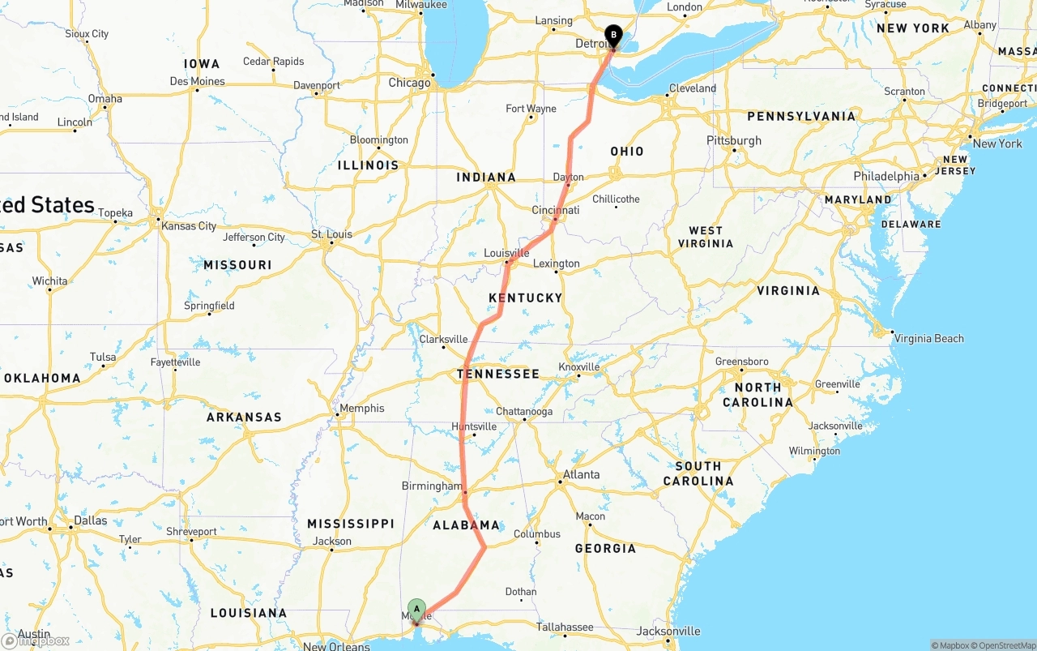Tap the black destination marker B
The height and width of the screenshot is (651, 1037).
pos(613,36)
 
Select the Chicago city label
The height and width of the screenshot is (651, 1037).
pos(409,83)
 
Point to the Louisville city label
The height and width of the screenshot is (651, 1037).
pos(506,253)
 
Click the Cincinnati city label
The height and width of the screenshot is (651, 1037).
pos(556,210)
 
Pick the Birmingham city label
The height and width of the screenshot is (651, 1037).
pos(431,486)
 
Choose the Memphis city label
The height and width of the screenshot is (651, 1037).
pos(361,408)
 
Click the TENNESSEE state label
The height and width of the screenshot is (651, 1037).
pos(497,374)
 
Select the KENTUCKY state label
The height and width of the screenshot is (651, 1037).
pos(525,298)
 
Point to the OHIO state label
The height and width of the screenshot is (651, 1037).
pos(627,152)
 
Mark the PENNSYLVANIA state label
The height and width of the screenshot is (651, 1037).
pos(801,117)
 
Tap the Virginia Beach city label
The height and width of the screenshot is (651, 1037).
pos(928,338)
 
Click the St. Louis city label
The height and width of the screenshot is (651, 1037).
pos(331,234)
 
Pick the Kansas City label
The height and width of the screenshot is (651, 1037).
pos(190,226)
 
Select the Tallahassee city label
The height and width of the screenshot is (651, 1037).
pos(565,627)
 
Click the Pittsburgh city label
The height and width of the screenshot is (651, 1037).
pos(734,140)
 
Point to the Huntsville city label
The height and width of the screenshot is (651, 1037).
pos(474,426)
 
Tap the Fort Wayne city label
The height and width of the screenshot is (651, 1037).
pos(531,109)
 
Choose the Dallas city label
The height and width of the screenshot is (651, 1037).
pos(89,520)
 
